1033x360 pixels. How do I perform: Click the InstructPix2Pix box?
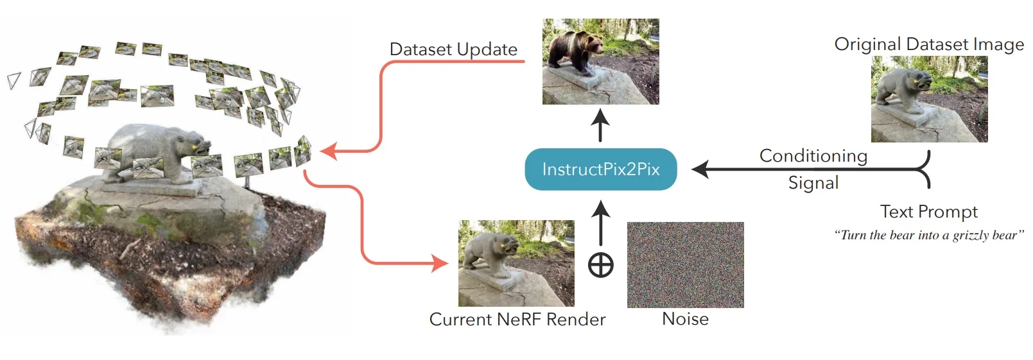pyautogui.click(x=600, y=169)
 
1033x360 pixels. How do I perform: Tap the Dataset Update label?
pyautogui.click(x=453, y=49)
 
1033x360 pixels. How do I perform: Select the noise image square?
pyautogui.click(x=685, y=264)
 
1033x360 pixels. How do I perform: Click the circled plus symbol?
pyautogui.click(x=600, y=265)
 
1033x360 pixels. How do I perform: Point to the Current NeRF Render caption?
pyautogui.click(x=517, y=320)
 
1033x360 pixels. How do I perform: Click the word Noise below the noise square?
pyautogui.click(x=685, y=319)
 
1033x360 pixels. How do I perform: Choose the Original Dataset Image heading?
pyautogui.click(x=928, y=44)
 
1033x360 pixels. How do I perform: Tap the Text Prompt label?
pyautogui.click(x=928, y=212)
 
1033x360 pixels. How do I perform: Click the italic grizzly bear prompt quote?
pyautogui.click(x=928, y=236)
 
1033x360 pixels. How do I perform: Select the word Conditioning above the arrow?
pyautogui.click(x=813, y=156)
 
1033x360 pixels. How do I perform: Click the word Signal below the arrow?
pyautogui.click(x=813, y=184)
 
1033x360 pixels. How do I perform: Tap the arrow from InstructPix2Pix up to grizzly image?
pyautogui.click(x=600, y=125)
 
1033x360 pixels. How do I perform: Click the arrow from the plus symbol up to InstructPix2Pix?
pyautogui.click(x=600, y=222)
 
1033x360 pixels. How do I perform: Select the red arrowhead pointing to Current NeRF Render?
pyautogui.click(x=440, y=263)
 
